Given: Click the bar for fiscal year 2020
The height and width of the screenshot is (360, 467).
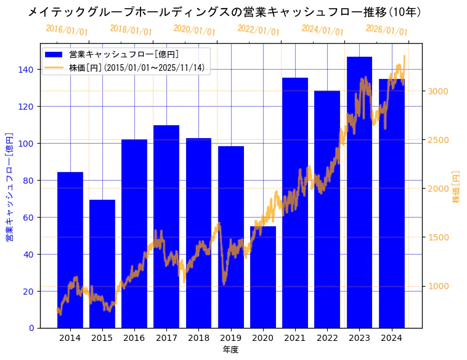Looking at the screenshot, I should (x=263, y=277).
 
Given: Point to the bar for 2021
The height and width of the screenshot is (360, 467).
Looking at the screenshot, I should (x=295, y=203).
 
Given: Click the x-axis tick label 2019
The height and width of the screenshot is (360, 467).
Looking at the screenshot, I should (x=230, y=338).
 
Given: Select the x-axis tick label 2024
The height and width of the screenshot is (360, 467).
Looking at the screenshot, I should (x=391, y=338).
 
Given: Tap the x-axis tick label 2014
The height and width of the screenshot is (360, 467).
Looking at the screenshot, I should (x=70, y=338).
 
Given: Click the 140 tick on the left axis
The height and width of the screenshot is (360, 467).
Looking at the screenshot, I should (x=26, y=70).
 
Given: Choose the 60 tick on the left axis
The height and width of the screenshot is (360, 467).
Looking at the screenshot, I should (x=28, y=218).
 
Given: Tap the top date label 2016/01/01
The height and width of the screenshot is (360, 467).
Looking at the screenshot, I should (x=67, y=30).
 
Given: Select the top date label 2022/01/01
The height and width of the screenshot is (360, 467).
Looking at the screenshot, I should (x=258, y=30).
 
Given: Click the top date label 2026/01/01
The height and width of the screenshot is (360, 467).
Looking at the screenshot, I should (x=386, y=30).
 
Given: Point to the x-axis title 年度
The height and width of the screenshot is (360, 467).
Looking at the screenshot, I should (x=230, y=350).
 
